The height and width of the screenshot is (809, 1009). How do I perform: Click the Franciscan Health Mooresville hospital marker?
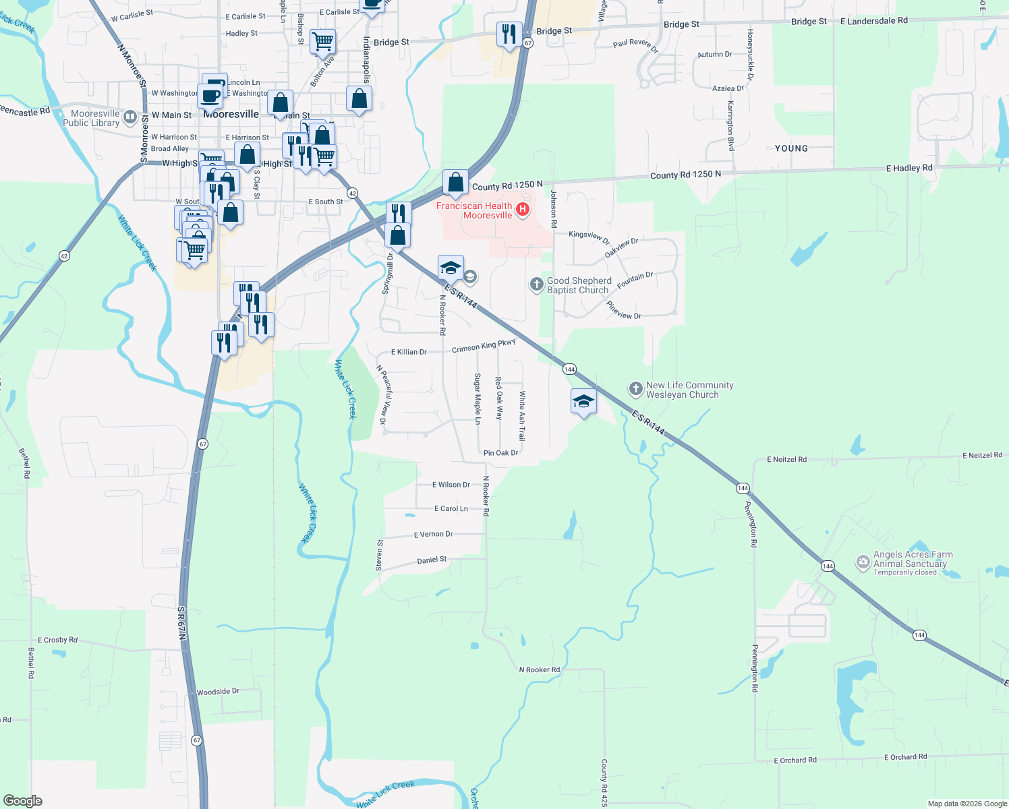click(522, 210)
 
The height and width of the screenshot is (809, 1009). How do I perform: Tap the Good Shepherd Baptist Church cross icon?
click(536, 284)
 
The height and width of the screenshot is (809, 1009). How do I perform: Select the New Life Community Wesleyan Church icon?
click(635, 389)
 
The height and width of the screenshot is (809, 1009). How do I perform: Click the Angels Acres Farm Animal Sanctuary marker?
click(863, 562)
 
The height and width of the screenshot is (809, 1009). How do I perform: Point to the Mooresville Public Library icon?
click(130, 117)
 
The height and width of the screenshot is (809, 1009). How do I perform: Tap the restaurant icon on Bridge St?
click(509, 34)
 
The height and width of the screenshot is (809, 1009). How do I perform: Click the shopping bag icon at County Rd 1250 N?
click(456, 183)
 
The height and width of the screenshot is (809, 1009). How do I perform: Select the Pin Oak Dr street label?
click(500, 453)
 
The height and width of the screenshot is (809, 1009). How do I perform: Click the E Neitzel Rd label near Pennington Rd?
click(786, 459)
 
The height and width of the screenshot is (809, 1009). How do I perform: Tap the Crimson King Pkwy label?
click(484, 346)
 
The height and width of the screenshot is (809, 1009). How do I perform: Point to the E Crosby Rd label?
click(57, 640)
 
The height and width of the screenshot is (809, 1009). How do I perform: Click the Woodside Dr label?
click(218, 692)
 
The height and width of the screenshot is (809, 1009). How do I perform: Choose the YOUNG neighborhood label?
click(791, 148)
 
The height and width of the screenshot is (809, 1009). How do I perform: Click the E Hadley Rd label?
click(909, 168)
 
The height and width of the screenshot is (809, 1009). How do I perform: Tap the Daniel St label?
click(432, 560)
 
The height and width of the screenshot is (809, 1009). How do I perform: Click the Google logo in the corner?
click(22, 801)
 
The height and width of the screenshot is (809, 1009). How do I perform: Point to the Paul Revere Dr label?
click(635, 44)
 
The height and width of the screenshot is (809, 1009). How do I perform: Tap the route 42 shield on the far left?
click(64, 256)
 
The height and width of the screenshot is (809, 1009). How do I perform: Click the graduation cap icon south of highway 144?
click(583, 402)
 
